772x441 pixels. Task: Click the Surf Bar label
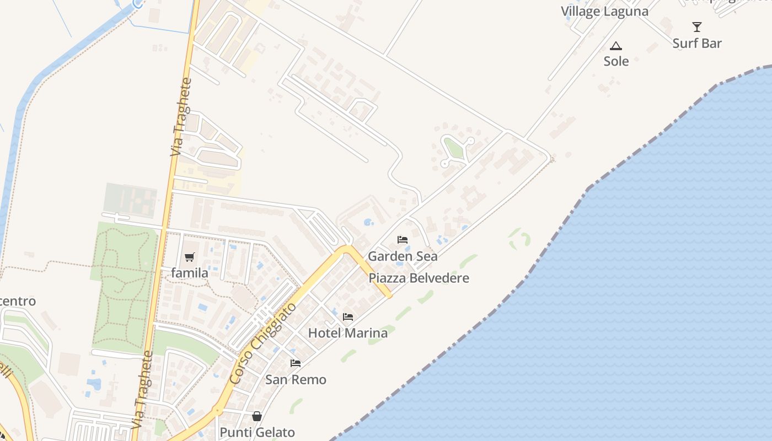[697, 44]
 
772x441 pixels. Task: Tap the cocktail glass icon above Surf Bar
[697, 26]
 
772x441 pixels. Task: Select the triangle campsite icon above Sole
[616, 46]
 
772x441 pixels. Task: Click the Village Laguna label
[604, 11]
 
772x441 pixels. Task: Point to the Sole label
[616, 61]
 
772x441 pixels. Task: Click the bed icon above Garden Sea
[403, 240]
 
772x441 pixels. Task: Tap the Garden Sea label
[403, 256]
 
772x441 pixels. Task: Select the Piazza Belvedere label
[419, 278]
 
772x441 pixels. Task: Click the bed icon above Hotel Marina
[348, 316]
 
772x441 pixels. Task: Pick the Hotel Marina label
[347, 333]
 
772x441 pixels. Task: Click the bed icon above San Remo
[296, 363]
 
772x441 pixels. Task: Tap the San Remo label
[296, 380]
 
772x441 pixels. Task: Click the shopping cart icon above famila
[190, 257]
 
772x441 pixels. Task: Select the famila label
[190, 273]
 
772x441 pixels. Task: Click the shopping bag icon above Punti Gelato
[257, 416]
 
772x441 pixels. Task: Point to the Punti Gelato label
[257, 433]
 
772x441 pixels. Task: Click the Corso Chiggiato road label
[262, 344]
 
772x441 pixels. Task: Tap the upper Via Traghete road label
[181, 117]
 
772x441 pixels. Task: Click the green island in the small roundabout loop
[453, 148]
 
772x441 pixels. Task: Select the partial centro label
[18, 302]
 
